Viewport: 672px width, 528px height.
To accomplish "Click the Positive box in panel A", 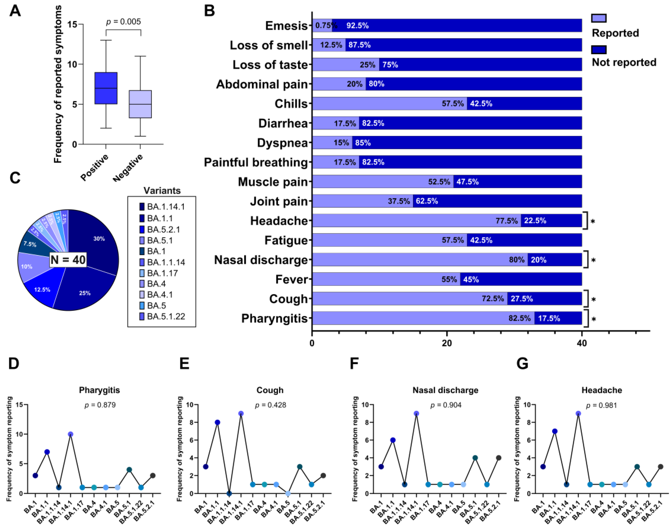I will click(x=106, y=88).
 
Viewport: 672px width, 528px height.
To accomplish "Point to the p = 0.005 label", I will click(x=123, y=22).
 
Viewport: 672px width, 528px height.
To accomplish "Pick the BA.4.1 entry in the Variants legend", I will click(x=159, y=294).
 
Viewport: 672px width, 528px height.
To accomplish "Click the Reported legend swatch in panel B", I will click(x=598, y=18).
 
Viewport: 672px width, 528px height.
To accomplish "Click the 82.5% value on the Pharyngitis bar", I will click(x=519, y=318).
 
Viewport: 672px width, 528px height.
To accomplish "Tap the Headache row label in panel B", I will click(x=279, y=221).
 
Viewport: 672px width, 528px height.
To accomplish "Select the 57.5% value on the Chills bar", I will click(x=453, y=104).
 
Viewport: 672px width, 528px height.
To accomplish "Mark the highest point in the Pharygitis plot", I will click(x=70, y=434).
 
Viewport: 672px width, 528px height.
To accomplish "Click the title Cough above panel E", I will click(x=270, y=390).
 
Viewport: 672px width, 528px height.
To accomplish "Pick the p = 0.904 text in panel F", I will click(x=446, y=405).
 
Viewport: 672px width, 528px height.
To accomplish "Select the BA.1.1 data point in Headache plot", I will click(x=555, y=431).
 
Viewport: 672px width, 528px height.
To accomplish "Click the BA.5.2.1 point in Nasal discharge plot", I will click(x=499, y=458).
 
